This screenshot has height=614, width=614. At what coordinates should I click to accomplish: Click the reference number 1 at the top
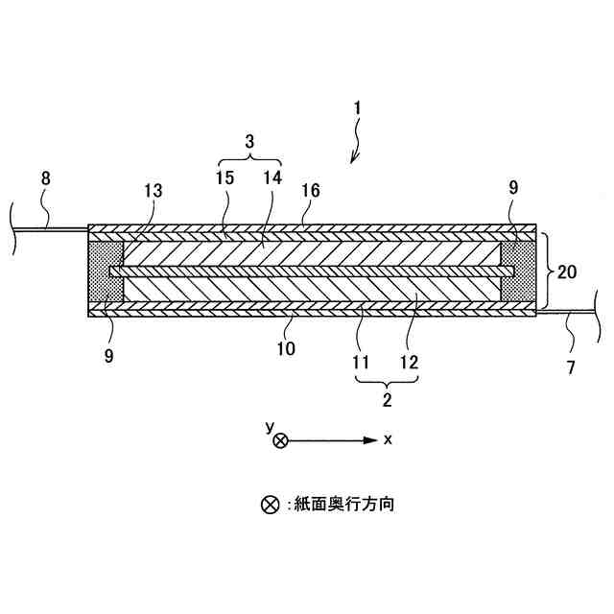point(357,109)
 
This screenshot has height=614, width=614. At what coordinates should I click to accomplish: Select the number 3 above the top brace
point(249,141)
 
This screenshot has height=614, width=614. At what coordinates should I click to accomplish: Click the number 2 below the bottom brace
point(388,399)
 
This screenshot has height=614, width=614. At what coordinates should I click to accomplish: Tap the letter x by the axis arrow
point(388,439)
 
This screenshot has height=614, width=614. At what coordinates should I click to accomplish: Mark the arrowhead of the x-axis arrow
point(371,440)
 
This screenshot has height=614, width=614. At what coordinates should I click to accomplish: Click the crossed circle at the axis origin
point(280,440)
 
